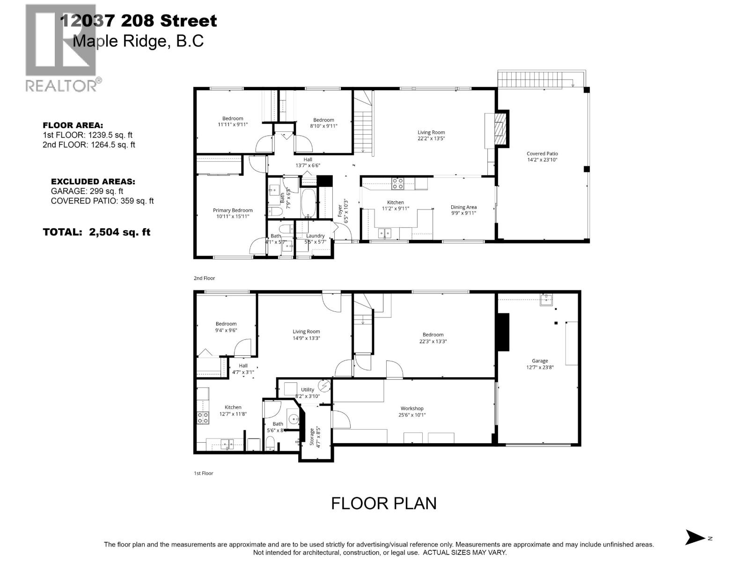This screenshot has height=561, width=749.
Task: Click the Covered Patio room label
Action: [x=542, y=153]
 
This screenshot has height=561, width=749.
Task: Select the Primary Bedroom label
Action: [x=233, y=210]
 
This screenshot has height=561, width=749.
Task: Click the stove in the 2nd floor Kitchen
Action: [x=397, y=184]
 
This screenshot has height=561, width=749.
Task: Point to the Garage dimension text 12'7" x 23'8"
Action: [x=540, y=367]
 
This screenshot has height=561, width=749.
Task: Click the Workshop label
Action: [x=412, y=408]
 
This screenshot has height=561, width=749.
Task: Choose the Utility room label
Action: [x=308, y=389]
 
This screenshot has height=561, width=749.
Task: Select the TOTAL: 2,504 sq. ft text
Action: [x=96, y=232]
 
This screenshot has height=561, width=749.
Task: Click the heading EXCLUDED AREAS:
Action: [x=93, y=181]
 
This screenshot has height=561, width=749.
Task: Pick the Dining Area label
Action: [x=463, y=207]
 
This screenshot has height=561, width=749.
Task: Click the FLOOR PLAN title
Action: [x=383, y=503]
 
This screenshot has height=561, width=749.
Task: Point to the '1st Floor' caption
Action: [x=203, y=473]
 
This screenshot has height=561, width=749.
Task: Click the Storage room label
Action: [x=312, y=436]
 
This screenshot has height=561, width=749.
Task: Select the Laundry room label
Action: [x=315, y=236]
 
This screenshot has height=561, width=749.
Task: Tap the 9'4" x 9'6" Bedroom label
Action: [x=226, y=324]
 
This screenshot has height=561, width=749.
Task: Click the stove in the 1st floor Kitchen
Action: [x=203, y=417]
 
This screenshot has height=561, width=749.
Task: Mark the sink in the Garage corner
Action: [x=546, y=300]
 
